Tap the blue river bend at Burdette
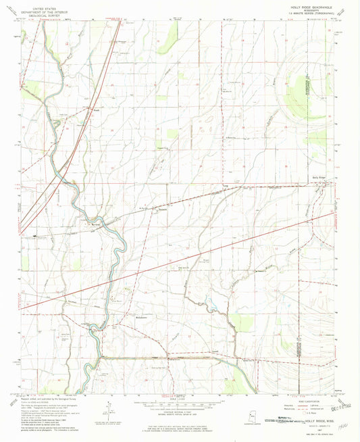click(x=108, y=228)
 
